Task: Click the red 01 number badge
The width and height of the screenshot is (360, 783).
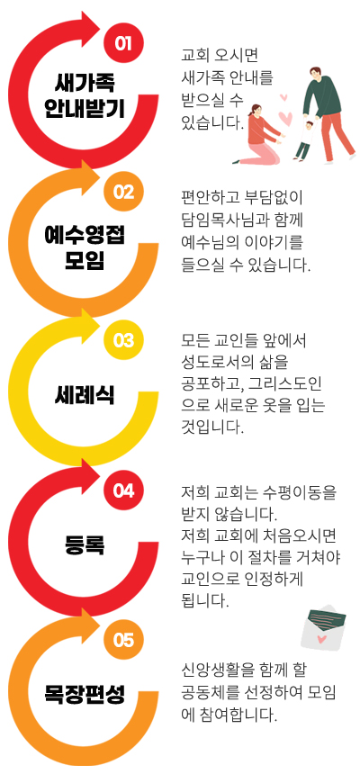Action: [x=123, y=43]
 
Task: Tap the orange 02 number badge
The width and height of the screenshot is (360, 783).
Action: [x=123, y=192]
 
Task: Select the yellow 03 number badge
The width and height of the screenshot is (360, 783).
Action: [x=123, y=340]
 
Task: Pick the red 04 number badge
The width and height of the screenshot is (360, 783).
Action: [x=123, y=490]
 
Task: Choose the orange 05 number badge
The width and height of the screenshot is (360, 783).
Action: [x=123, y=640]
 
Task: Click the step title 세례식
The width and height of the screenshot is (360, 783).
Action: [x=85, y=396]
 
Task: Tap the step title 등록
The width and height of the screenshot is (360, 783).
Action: [x=85, y=544]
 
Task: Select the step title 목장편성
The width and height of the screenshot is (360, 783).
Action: [x=85, y=694]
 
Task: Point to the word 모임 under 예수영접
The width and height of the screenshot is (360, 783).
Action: [x=85, y=260]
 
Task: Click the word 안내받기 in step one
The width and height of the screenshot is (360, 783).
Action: [x=85, y=108]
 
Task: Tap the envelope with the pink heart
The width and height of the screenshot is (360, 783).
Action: [x=323, y=627]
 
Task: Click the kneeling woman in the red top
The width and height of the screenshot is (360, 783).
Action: [x=258, y=134]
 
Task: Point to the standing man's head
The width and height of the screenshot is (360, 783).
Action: [x=315, y=73]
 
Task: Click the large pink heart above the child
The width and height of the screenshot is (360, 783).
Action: [x=285, y=118]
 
